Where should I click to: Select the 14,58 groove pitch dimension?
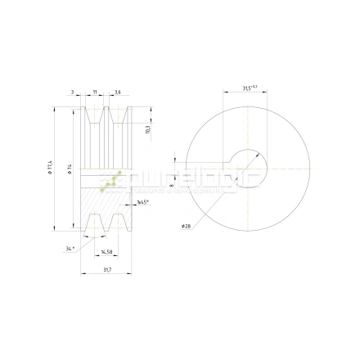pyautogui.click(x=106, y=252)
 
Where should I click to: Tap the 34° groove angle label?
pyautogui.click(x=70, y=246)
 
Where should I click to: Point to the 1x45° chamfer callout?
pyautogui.click(x=142, y=200)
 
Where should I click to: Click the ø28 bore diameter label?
pyautogui.click(x=186, y=225)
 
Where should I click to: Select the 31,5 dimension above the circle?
pyautogui.click(x=250, y=87)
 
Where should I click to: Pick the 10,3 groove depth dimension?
pyautogui.click(x=147, y=129)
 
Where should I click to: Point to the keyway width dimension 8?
pyautogui.click(x=171, y=186)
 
